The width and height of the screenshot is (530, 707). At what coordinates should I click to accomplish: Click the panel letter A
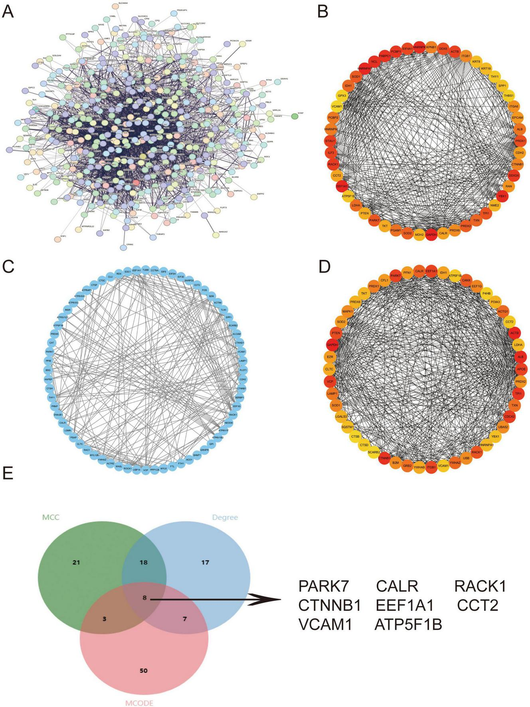tap(8, 12)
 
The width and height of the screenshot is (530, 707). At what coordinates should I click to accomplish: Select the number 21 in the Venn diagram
tap(76, 563)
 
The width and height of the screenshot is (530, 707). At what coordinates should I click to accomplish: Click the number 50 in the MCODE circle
tap(143, 670)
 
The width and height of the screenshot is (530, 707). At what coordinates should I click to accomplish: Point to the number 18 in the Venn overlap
tap(143, 563)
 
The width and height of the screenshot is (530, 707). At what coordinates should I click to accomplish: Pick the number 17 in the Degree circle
tap(205, 563)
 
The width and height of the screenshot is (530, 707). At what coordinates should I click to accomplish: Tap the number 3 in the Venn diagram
tap(104, 619)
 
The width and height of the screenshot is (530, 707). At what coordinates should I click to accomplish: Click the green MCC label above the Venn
tap(51, 517)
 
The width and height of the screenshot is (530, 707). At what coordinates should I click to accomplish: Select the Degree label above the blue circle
tap(225, 517)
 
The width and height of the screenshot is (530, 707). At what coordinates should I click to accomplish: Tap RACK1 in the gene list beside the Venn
tap(480, 586)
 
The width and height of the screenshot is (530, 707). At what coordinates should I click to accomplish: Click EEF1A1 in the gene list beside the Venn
tap(404, 606)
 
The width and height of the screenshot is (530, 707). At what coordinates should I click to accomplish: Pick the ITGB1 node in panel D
tap(431, 467)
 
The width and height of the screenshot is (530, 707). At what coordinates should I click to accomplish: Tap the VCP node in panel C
tap(146, 470)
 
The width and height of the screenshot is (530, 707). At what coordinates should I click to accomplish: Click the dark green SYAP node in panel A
tap(295, 116)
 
